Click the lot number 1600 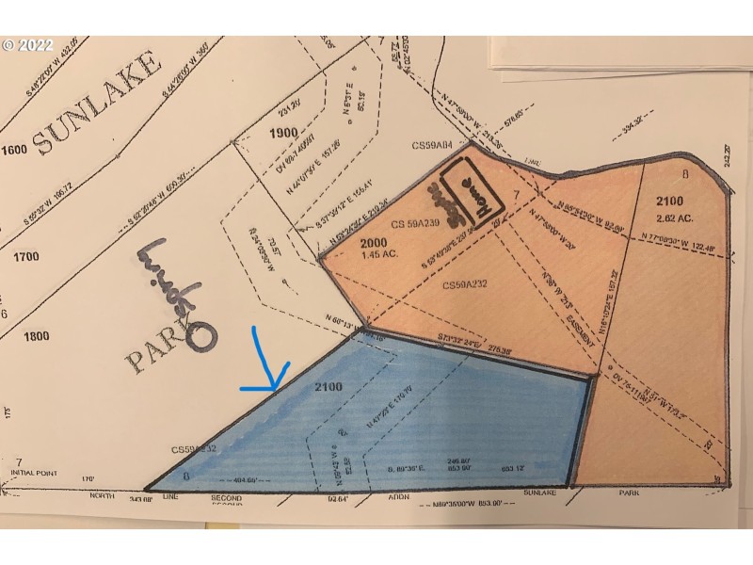pos(15,151)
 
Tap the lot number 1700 pos(15,254)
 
